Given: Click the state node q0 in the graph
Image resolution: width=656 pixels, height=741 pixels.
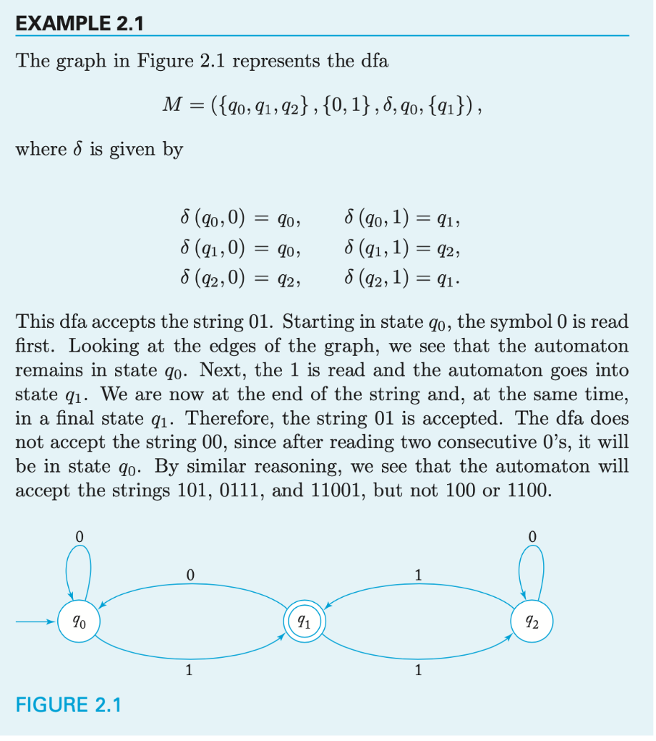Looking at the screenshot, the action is (76, 622).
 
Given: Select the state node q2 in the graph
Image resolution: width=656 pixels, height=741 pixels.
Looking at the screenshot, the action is (532, 622).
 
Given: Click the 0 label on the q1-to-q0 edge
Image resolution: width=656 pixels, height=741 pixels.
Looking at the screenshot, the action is (189, 575).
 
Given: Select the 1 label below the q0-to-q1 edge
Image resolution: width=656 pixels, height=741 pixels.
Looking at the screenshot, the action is (189, 671).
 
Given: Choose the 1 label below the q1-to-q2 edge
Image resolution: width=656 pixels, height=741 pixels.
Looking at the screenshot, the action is (418, 671).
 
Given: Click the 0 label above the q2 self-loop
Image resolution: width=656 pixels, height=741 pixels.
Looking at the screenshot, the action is (532, 536).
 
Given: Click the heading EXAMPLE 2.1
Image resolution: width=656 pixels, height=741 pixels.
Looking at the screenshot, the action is (80, 23).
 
